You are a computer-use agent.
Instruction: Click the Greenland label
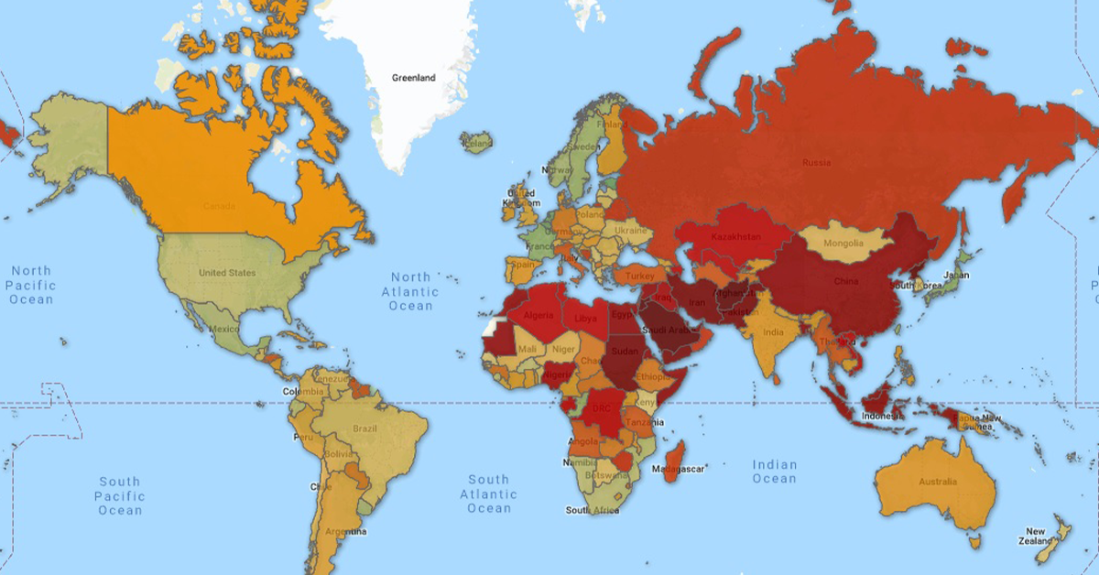(x=412, y=78)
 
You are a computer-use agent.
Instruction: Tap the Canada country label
(x=219, y=206)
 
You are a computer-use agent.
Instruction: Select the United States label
(x=227, y=273)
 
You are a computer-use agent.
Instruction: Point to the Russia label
(x=816, y=163)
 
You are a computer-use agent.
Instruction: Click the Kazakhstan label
(x=734, y=236)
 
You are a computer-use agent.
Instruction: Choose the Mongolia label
(x=843, y=244)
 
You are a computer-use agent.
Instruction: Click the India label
(x=773, y=332)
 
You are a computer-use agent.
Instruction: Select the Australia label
(x=939, y=482)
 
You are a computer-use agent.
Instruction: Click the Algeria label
(x=539, y=315)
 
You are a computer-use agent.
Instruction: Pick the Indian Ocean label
(x=775, y=472)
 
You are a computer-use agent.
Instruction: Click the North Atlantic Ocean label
(x=411, y=291)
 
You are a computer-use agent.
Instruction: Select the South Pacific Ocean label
(x=120, y=495)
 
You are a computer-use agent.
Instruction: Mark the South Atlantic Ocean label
(x=489, y=494)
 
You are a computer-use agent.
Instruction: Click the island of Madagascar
(x=676, y=456)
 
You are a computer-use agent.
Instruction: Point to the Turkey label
(x=640, y=276)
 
